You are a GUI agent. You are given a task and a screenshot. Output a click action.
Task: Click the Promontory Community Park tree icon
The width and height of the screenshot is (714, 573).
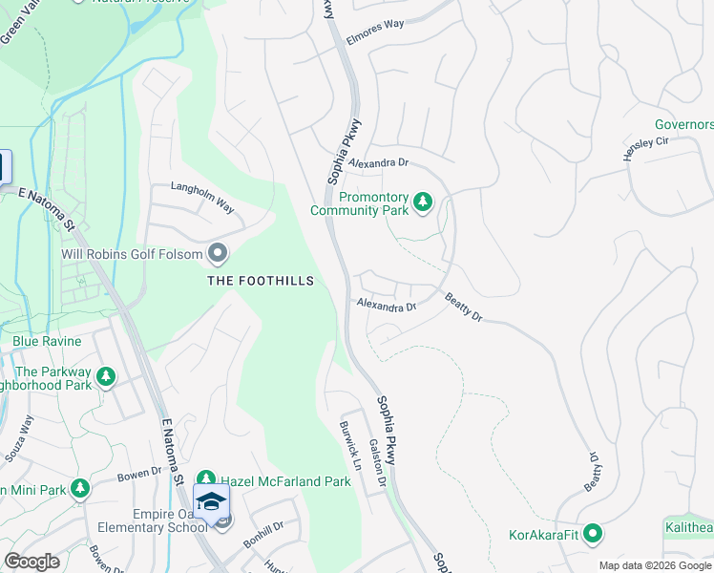pyautogui.click(x=423, y=202)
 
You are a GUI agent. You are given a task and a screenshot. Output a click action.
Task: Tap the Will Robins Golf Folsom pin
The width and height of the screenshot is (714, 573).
pyautogui.click(x=218, y=253)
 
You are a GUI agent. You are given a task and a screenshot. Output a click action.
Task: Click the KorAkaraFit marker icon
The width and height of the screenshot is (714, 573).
pyautogui.click(x=593, y=533)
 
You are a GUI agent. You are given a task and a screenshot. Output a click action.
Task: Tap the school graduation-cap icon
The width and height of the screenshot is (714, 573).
pyautogui.click(x=210, y=500)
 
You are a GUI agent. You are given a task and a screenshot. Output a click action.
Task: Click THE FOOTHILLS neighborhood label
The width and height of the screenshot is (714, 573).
pyautogui.click(x=261, y=281)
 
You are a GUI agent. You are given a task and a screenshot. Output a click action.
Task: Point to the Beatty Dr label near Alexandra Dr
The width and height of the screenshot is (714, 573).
pyautogui.click(x=464, y=307)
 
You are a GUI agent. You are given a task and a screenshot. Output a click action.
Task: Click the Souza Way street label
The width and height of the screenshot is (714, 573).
pyautogui.click(x=19, y=439)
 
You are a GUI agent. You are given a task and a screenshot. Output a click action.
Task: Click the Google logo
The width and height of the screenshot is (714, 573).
pyautogui.click(x=31, y=561)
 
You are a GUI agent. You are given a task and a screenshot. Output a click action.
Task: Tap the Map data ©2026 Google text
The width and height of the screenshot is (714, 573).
pyautogui.click(x=654, y=565)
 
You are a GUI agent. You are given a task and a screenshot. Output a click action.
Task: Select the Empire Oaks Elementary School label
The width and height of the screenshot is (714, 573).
pyautogui.click(x=153, y=520)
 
